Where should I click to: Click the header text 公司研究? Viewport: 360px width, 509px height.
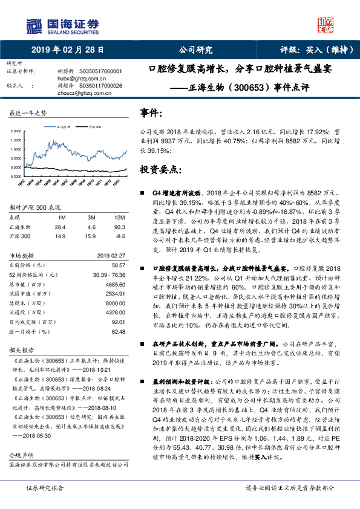(x=196, y=50)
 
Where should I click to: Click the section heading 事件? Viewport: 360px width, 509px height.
(x=151, y=113)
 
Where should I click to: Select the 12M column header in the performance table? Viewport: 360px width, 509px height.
(x=119, y=216)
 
